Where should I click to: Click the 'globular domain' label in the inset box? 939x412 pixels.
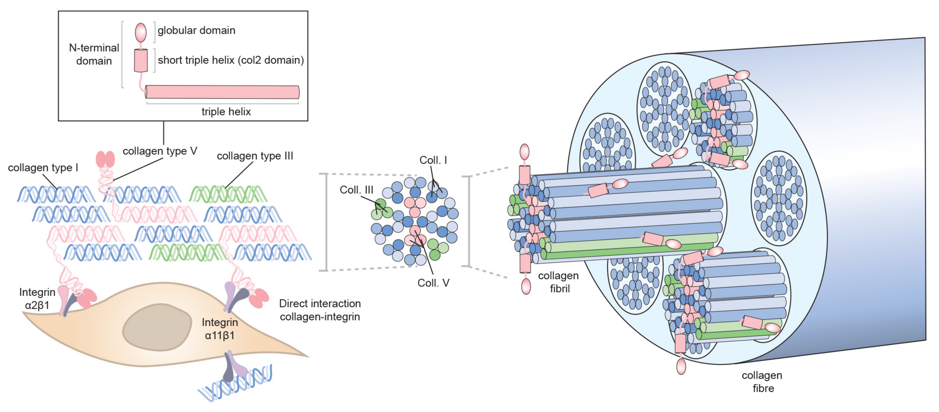tap(196, 30)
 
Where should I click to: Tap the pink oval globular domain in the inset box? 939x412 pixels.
tap(141, 32)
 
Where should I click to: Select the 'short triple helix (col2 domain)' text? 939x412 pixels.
tap(230, 60)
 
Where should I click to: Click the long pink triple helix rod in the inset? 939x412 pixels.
tap(222, 92)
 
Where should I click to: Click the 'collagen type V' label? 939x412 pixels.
tap(160, 151)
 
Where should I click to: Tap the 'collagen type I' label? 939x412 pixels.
tap(43, 168)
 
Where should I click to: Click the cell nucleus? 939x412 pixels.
tap(157, 327)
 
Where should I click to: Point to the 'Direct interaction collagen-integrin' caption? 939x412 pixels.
tap(320, 310)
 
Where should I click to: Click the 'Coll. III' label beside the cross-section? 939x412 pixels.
tap(356, 190)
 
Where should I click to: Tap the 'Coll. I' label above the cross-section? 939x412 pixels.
tap(433, 160)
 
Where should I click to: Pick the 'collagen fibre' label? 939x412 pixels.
tap(762, 382)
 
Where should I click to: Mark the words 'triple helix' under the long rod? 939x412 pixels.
tap(226, 112)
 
